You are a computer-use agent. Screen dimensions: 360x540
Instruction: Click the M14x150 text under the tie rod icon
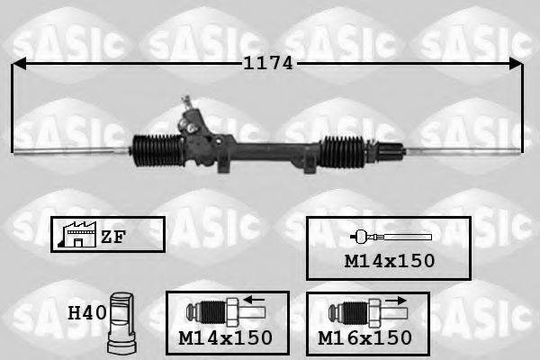pos(389,260)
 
